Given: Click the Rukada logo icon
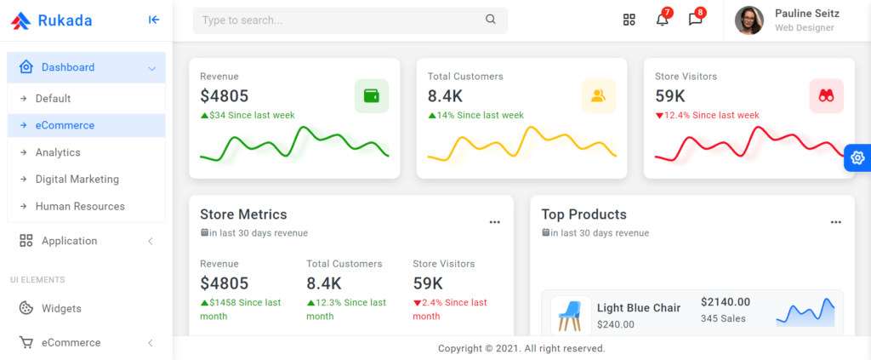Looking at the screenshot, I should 20,20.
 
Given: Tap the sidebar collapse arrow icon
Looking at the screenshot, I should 153,20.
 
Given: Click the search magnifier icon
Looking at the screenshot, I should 491,20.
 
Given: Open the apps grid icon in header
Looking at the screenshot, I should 629,20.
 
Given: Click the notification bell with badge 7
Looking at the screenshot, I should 662,20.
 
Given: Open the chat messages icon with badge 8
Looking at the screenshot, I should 695,20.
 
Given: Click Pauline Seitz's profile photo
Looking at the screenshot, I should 749,20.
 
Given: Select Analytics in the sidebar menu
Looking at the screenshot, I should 58,152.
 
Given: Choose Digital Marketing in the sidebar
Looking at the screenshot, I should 77,180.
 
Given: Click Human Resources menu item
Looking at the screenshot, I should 80,207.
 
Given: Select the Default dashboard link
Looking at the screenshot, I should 53,99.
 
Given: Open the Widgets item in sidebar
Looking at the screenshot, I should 61,308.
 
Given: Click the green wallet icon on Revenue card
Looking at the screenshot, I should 372,96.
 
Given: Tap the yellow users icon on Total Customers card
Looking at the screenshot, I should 599,96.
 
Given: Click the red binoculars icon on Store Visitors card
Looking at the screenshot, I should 826,96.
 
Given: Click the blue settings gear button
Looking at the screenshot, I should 857,158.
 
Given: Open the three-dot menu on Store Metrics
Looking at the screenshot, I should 494,222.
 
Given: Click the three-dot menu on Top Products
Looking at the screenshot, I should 836,222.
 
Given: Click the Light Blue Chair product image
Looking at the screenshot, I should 571,316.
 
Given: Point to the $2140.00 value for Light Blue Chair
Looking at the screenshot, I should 726,301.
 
